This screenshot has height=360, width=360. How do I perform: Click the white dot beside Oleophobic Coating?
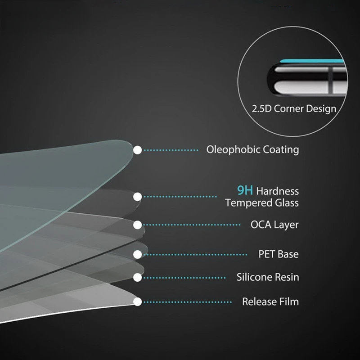pos(138,150)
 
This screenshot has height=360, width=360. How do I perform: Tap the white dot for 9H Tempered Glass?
pos(138,196)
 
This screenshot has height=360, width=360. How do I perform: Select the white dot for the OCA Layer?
pos(138,225)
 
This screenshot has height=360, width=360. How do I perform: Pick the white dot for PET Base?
pos(138,254)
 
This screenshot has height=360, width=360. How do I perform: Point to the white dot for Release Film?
pos(138,301)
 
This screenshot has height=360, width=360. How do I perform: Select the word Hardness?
pos(278,192)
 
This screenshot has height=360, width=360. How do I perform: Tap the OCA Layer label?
pos(274,225)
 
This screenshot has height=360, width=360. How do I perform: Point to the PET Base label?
pos(278,254)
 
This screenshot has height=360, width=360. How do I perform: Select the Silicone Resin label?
pos(268,277)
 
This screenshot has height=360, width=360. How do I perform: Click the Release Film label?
pos(270,301)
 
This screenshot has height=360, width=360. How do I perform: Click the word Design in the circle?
pos(322,109)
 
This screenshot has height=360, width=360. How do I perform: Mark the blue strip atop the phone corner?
pos(315,61)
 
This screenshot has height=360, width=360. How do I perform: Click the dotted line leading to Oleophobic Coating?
pos(171,150)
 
